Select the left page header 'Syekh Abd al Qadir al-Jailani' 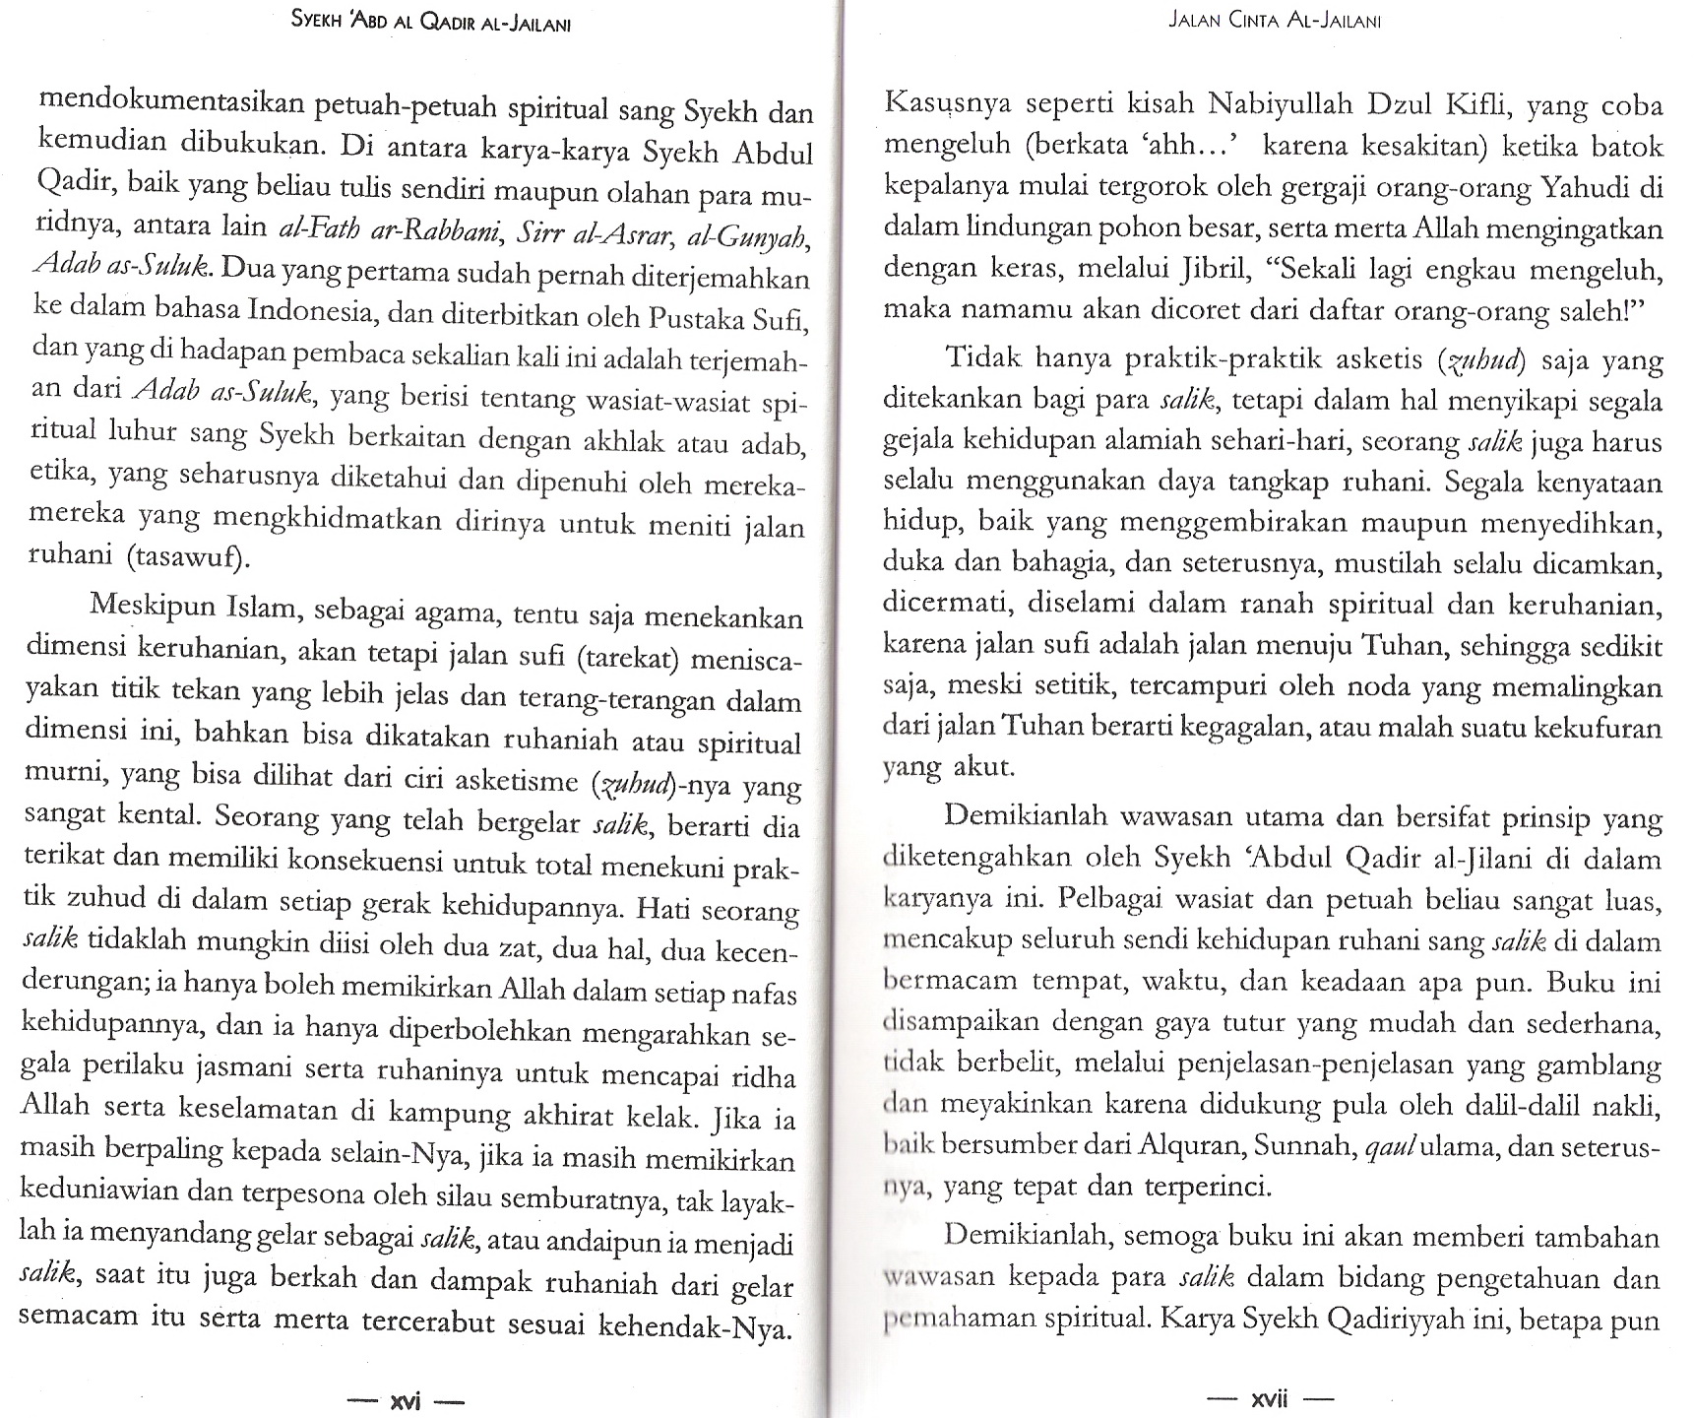432,22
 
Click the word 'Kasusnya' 946,104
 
